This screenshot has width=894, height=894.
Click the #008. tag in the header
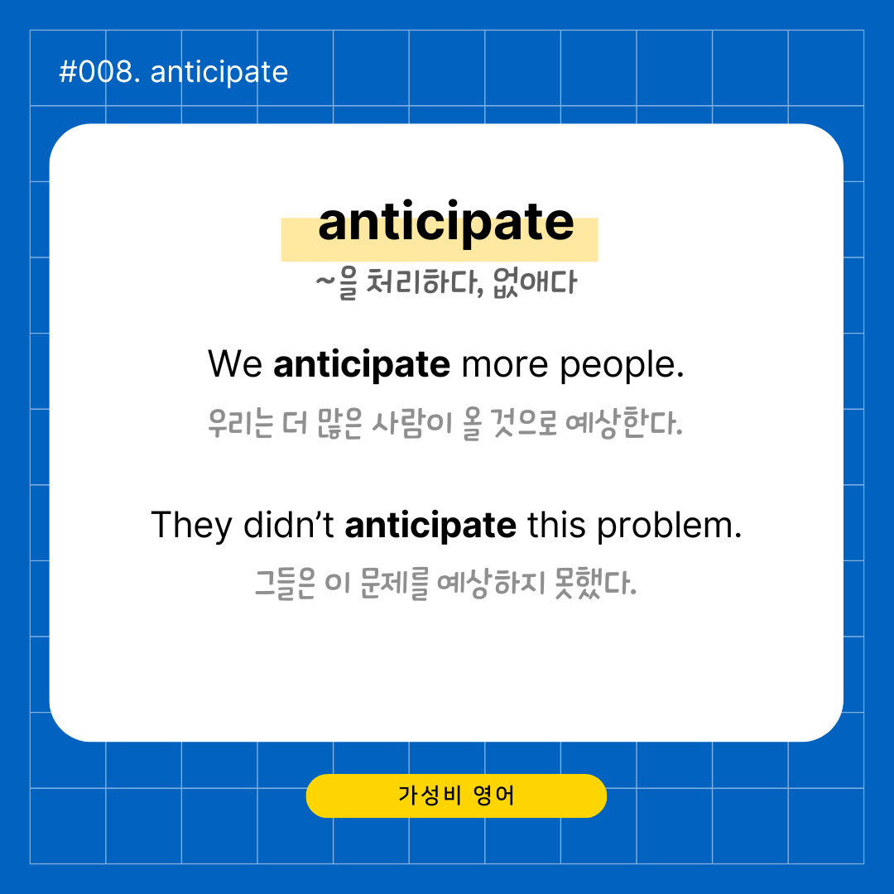(100, 72)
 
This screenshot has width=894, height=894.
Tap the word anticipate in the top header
(219, 73)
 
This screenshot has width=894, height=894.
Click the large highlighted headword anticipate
(446, 223)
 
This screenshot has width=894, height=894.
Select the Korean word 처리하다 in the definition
(425, 281)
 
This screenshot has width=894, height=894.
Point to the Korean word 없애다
(535, 281)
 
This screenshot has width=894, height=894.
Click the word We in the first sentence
(235, 363)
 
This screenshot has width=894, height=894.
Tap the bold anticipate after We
(362, 365)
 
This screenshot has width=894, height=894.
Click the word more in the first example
(505, 365)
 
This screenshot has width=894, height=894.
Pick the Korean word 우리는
(241, 423)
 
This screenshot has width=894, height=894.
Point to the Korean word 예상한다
(624, 423)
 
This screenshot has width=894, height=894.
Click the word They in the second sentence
(191, 526)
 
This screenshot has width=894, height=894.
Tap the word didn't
(289, 525)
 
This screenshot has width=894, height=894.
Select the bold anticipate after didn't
(430, 526)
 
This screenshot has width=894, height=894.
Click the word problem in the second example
(670, 526)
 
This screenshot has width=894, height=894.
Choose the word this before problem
(556, 525)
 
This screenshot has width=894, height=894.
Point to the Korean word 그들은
(285, 584)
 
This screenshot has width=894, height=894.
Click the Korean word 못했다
(595, 584)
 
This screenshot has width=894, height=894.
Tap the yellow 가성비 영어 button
(456, 795)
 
